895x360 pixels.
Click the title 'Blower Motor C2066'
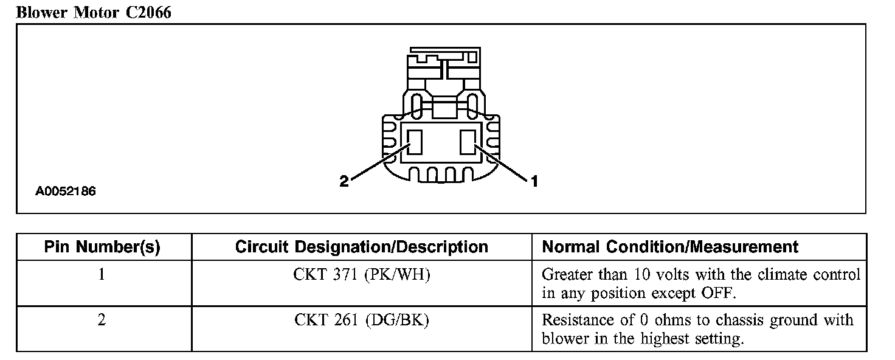click(94, 13)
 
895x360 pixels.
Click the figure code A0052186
click(66, 192)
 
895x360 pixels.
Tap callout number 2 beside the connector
click(344, 181)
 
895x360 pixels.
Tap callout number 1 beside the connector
click(534, 181)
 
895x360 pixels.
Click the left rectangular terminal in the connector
click(415, 143)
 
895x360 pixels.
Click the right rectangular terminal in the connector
click(468, 143)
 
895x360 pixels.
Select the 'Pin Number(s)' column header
click(102, 247)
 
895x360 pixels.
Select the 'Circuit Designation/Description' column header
click(361, 247)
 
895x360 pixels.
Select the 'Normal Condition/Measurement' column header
click(669, 247)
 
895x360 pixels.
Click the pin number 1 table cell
click(102, 274)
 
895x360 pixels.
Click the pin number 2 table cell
click(102, 320)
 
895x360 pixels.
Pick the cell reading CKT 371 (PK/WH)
click(361, 274)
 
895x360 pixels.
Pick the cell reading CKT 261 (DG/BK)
click(361, 320)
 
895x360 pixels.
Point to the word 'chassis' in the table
click(738, 320)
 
